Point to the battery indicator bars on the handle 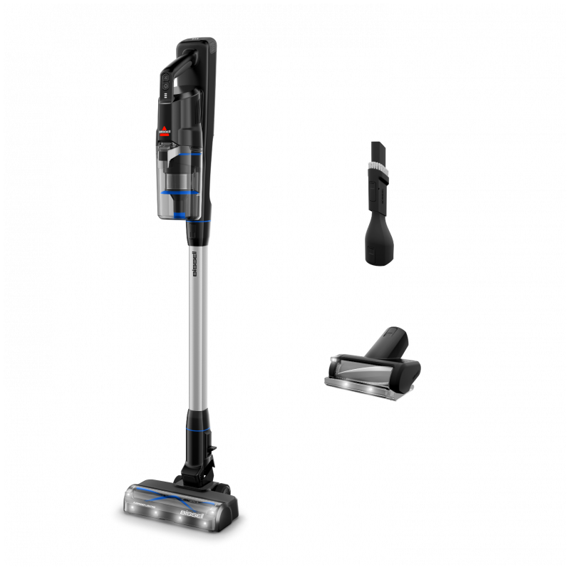pyautogui.click(x=165, y=95)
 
